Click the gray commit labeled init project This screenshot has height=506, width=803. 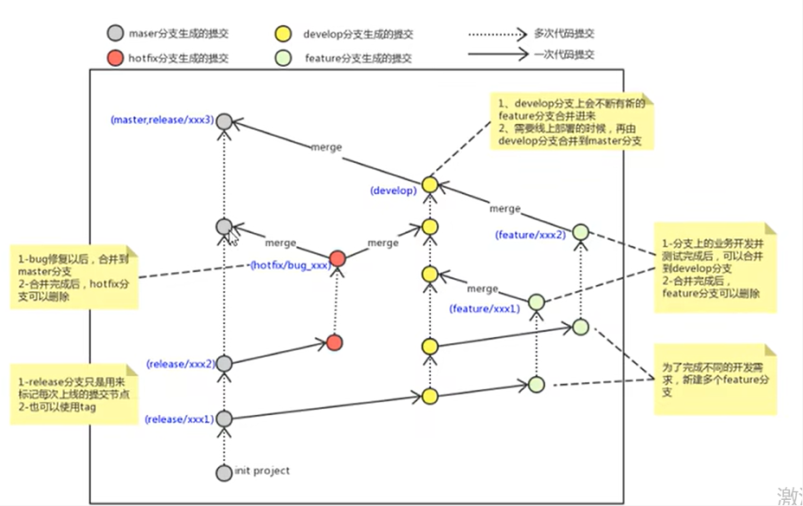click(x=224, y=472)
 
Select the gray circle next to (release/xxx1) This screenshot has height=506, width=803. click(x=224, y=418)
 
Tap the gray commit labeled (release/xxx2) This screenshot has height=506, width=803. click(x=224, y=363)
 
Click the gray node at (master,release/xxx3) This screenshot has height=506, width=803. click(x=224, y=121)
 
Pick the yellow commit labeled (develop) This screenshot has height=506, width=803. click(x=429, y=185)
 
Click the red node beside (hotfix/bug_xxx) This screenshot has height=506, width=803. click(x=337, y=258)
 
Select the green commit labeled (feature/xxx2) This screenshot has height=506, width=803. click(x=581, y=232)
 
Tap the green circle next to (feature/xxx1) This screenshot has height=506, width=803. click(x=536, y=302)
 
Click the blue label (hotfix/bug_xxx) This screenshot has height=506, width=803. click(x=289, y=265)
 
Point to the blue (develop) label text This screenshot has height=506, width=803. click(x=393, y=190)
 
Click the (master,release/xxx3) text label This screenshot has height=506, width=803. click(x=162, y=120)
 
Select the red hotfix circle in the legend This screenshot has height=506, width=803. click(x=114, y=58)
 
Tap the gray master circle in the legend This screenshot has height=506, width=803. click(x=114, y=35)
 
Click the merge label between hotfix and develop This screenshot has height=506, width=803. click(x=382, y=243)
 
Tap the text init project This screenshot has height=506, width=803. click(x=262, y=471)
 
